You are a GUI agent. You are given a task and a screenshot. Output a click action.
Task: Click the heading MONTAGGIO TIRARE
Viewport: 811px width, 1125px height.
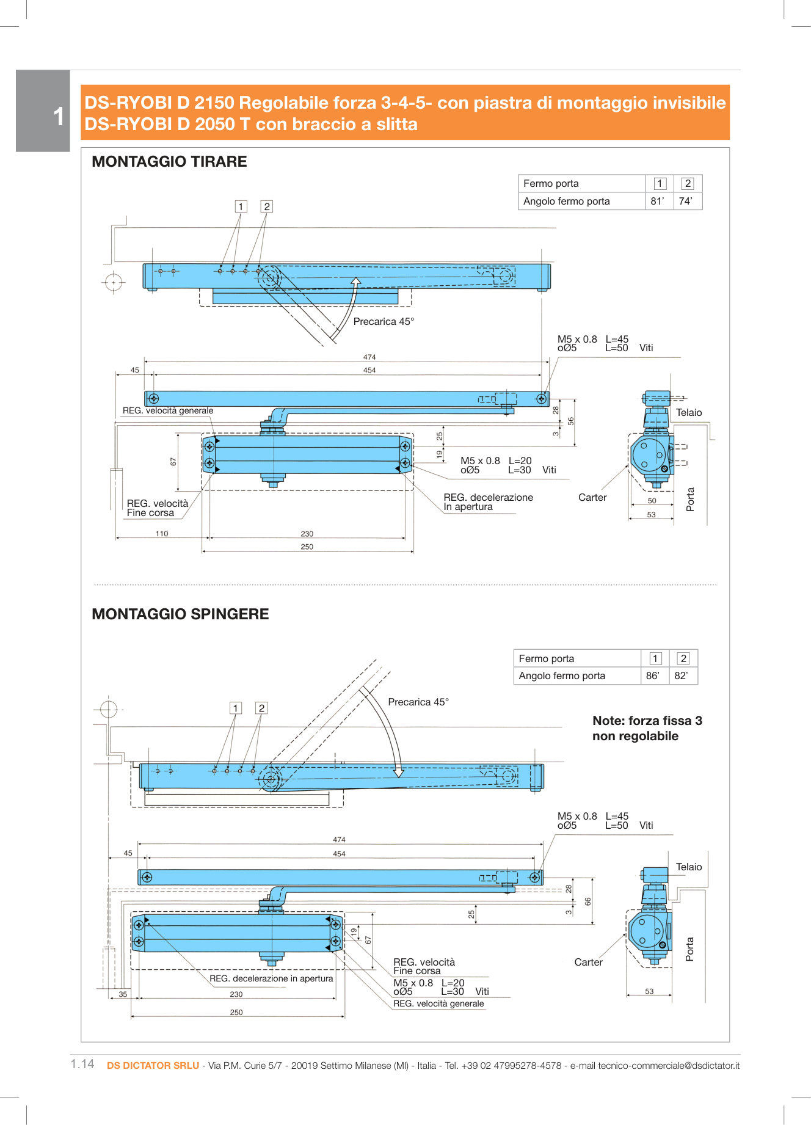click(x=169, y=162)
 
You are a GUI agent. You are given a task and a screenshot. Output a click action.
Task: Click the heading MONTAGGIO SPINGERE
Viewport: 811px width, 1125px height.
click(x=180, y=614)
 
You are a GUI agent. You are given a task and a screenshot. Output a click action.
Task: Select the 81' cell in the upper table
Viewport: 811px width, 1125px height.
click(x=658, y=202)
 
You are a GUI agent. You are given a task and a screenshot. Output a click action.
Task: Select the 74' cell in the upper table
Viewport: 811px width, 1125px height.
click(x=686, y=202)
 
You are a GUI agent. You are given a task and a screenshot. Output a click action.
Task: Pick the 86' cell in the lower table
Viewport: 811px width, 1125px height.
click(x=653, y=676)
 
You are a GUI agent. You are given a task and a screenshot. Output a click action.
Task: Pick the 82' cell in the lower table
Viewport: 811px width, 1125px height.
click(x=681, y=676)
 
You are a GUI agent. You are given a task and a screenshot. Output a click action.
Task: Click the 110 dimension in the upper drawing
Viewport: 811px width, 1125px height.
click(x=162, y=534)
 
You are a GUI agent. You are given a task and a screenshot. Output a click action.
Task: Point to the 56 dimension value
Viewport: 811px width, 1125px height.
click(x=571, y=421)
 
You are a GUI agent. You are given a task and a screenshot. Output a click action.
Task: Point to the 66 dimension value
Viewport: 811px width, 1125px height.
click(x=588, y=901)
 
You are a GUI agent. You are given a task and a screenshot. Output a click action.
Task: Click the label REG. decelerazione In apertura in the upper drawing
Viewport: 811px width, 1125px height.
click(x=488, y=502)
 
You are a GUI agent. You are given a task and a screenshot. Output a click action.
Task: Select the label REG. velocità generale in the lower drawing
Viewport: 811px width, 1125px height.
click(x=438, y=1004)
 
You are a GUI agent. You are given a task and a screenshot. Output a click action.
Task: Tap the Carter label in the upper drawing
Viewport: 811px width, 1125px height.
click(x=592, y=498)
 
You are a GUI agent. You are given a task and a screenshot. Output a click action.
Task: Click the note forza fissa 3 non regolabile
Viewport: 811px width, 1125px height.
click(x=647, y=729)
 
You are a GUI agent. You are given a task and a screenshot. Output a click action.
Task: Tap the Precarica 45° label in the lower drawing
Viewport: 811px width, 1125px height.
click(x=418, y=702)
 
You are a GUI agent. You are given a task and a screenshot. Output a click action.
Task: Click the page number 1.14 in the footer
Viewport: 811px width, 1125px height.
click(x=82, y=1065)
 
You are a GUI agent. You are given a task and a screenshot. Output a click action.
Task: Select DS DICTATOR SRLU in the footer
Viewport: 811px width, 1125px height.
click(x=153, y=1066)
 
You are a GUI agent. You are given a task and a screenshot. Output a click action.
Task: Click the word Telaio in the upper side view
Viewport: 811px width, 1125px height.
click(x=689, y=413)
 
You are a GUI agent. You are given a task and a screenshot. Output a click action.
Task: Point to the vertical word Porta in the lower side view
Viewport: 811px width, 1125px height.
click(x=690, y=949)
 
